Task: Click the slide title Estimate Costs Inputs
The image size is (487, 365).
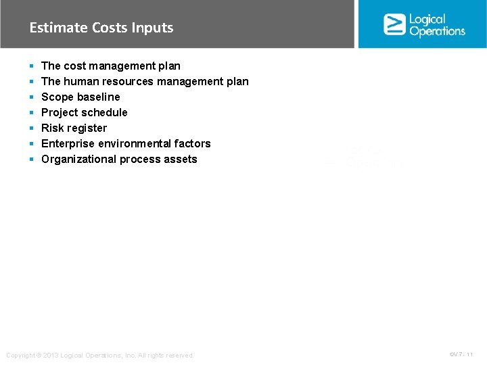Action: (x=101, y=28)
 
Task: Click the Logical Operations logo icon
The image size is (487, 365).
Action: (x=394, y=24)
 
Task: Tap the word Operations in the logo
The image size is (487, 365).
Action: (x=438, y=31)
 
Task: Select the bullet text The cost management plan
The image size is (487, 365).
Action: (x=111, y=66)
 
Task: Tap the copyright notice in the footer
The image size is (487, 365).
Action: (x=99, y=356)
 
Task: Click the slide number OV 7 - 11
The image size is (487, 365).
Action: (x=462, y=354)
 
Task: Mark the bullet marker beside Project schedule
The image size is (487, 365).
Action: (x=32, y=112)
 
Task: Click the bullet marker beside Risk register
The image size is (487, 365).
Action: (x=32, y=128)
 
